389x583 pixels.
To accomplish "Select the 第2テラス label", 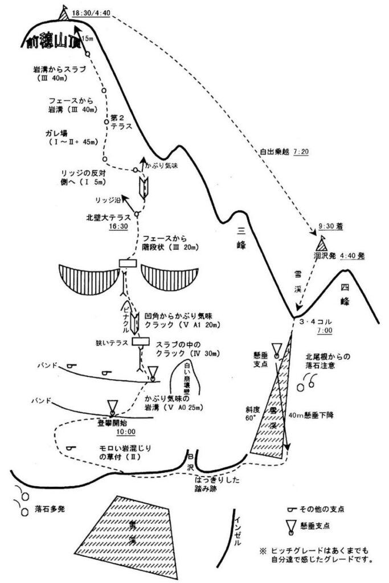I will (x=123, y=122).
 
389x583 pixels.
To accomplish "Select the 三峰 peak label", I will (x=242, y=239).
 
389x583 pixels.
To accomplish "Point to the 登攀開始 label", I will (x=113, y=423).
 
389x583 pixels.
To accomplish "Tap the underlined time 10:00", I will (x=113, y=432).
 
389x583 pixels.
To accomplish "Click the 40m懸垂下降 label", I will (x=310, y=415).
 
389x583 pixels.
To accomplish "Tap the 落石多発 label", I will (x=50, y=508).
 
